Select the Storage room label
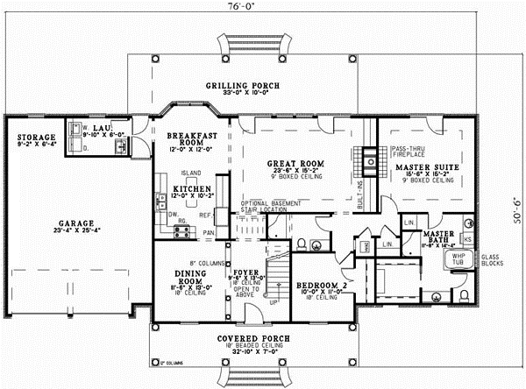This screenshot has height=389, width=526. (x=34, y=138)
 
